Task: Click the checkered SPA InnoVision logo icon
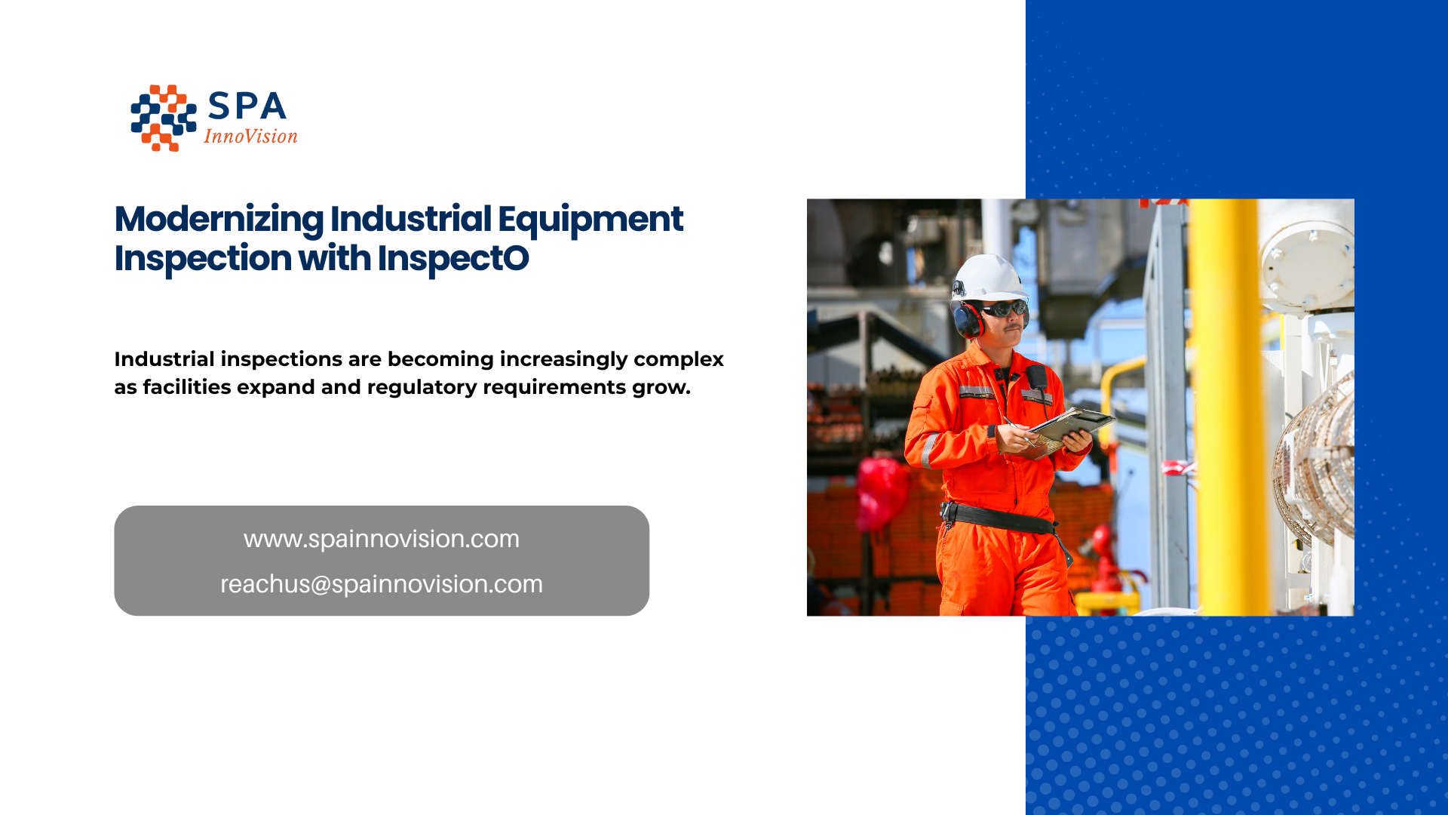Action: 163,118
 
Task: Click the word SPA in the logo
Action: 247,106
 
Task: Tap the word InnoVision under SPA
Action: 250,137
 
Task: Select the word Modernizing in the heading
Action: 219,220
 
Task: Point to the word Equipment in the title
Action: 590,220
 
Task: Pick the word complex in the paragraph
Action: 678,359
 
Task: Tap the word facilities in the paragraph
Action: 187,387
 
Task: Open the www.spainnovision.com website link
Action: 381,539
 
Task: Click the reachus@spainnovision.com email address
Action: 381,584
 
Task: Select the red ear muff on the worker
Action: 968,319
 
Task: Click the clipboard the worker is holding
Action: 1071,424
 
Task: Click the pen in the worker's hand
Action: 1016,427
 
